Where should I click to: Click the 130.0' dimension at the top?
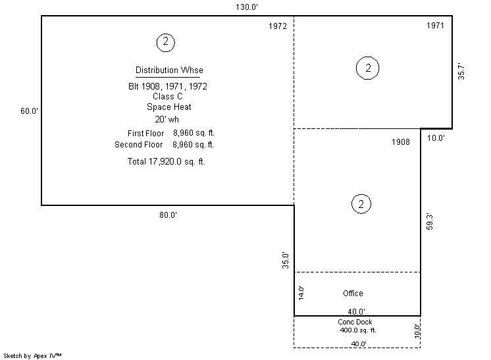(247, 7)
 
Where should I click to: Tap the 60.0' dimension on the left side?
(29, 111)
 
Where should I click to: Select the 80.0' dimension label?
(168, 215)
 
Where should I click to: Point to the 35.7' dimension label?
(461, 72)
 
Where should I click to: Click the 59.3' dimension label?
(430, 222)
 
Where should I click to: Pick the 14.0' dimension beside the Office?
(301, 293)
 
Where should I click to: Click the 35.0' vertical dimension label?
(286, 260)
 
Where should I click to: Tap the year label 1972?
(278, 26)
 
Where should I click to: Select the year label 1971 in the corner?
(435, 26)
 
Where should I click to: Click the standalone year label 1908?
(401, 142)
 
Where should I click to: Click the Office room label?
(353, 294)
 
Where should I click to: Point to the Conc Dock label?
(355, 322)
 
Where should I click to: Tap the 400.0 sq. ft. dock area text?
(358, 330)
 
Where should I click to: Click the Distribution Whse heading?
(169, 70)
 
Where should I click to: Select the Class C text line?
(168, 96)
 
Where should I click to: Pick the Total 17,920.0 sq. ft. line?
(167, 161)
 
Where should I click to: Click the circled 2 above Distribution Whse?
(166, 43)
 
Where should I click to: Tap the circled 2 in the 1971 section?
(368, 68)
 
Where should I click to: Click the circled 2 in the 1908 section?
(361, 204)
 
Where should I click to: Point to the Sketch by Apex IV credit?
(32, 356)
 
